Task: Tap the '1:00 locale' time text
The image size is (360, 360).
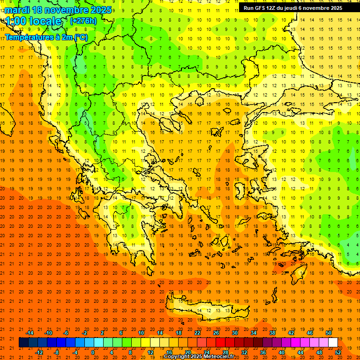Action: (34, 22)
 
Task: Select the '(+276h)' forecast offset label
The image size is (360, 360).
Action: (83, 21)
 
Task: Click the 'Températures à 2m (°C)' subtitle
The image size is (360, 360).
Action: (46, 37)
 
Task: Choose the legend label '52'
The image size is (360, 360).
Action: (338, 352)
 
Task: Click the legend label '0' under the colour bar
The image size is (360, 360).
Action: (93, 352)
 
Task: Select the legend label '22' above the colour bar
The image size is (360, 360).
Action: (197, 333)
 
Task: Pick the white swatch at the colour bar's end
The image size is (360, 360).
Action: (333, 342)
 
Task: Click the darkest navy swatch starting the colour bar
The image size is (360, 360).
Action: (23, 342)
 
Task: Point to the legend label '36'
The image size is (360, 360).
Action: (263, 352)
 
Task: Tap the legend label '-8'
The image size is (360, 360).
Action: (56, 352)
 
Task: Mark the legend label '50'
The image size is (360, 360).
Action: (328, 333)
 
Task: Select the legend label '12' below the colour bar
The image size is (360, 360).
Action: (150, 352)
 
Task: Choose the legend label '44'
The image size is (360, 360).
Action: (300, 352)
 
